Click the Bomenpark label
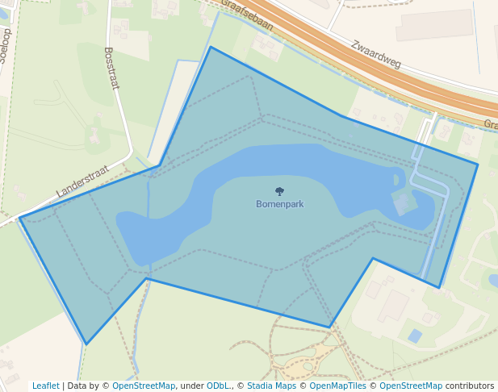pyautogui.click(x=279, y=204)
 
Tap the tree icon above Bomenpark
pyautogui.click(x=279, y=192)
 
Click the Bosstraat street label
pyautogui.click(x=111, y=68)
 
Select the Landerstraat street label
pyautogui.click(x=83, y=181)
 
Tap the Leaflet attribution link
pyautogui.click(x=45, y=386)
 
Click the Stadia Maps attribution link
pyautogui.click(x=271, y=386)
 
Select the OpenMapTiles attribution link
pyautogui.click(x=335, y=386)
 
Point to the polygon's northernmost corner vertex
pyautogui.click(x=210, y=47)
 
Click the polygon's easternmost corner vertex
pyautogui.click(x=478, y=165)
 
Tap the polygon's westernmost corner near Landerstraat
pyautogui.click(x=20, y=218)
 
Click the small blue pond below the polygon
pyautogui.click(x=415, y=336)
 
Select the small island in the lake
pyautogui.click(x=396, y=180)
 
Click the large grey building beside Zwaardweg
pyautogui.click(x=434, y=25)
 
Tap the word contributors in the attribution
pyautogui.click(x=470, y=386)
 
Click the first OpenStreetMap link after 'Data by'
pyautogui.click(x=144, y=386)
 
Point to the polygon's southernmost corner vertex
pyautogui.click(x=86, y=344)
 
